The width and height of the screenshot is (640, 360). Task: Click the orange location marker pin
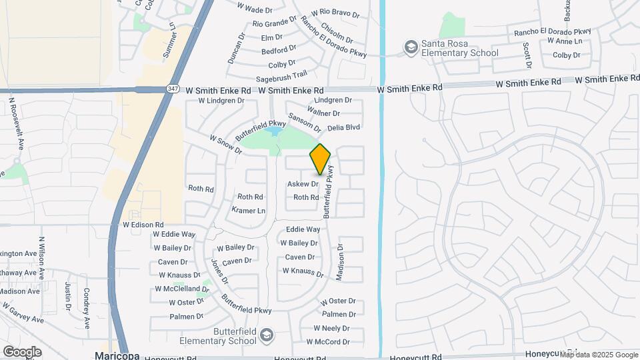[x=320, y=159]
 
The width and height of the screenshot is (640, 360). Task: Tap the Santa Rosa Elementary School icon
[x=411, y=47]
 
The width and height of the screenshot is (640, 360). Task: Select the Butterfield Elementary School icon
[x=267, y=334]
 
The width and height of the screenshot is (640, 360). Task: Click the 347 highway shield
[x=172, y=89]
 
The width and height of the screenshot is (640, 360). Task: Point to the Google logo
[x=22, y=351]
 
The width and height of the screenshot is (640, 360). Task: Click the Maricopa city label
[x=117, y=355]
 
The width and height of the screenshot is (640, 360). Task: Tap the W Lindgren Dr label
[x=222, y=101]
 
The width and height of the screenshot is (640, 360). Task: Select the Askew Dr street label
[x=303, y=184]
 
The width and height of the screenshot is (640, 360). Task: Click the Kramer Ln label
[x=248, y=211]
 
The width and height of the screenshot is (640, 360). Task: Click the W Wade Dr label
[x=255, y=9]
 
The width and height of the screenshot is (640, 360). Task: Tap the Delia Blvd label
[x=343, y=127]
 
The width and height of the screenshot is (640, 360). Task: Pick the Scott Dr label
[x=527, y=55]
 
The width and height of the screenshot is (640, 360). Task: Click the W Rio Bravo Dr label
[x=335, y=12]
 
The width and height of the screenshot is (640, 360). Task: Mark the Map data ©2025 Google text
[x=599, y=355]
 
